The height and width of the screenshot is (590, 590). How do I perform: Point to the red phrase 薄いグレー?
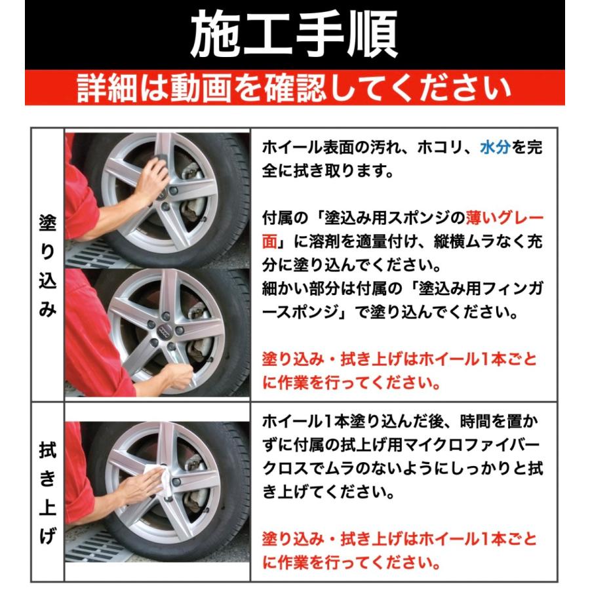[504, 217]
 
